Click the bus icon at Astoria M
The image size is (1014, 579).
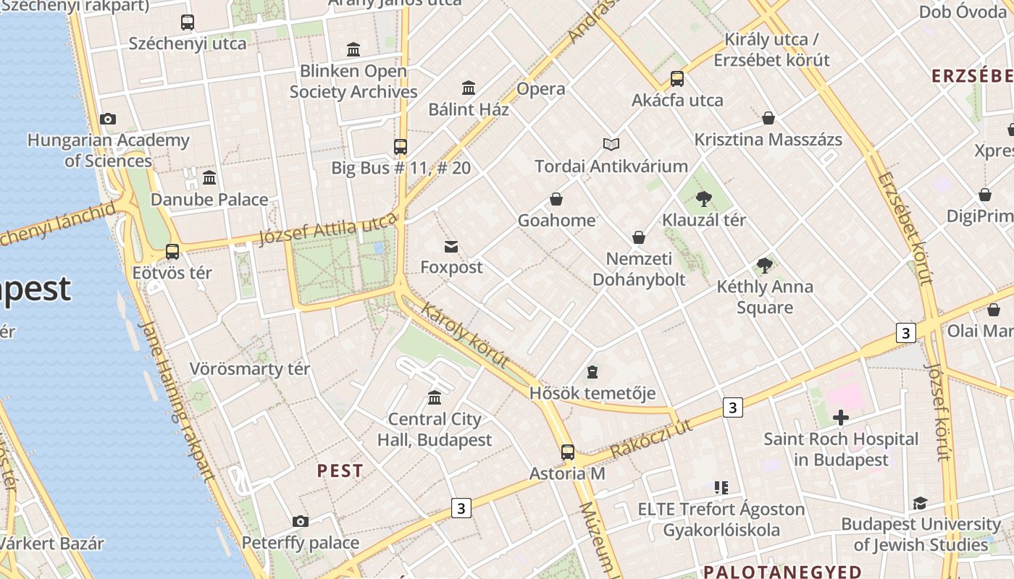click(568, 452)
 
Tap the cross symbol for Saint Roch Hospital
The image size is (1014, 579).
click(840, 418)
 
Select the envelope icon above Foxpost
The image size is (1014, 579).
click(451, 247)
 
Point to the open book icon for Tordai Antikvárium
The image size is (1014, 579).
click(611, 145)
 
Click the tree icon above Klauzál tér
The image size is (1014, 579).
click(703, 199)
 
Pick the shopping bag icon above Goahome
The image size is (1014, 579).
click(556, 199)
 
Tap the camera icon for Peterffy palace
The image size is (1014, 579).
click(301, 521)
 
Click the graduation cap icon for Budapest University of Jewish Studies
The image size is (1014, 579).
click(920, 503)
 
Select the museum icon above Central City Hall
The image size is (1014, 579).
click(435, 397)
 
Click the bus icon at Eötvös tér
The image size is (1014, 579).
click(172, 252)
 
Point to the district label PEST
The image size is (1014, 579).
click(340, 471)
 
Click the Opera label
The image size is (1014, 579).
click(540, 89)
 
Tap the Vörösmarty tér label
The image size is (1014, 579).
click(250, 369)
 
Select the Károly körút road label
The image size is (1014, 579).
click(464, 334)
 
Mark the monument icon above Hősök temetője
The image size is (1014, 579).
click(592, 373)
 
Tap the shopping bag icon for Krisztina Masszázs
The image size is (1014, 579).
click(768, 118)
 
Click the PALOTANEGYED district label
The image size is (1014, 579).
click(782, 572)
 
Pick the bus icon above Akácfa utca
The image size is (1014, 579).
click(677, 79)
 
